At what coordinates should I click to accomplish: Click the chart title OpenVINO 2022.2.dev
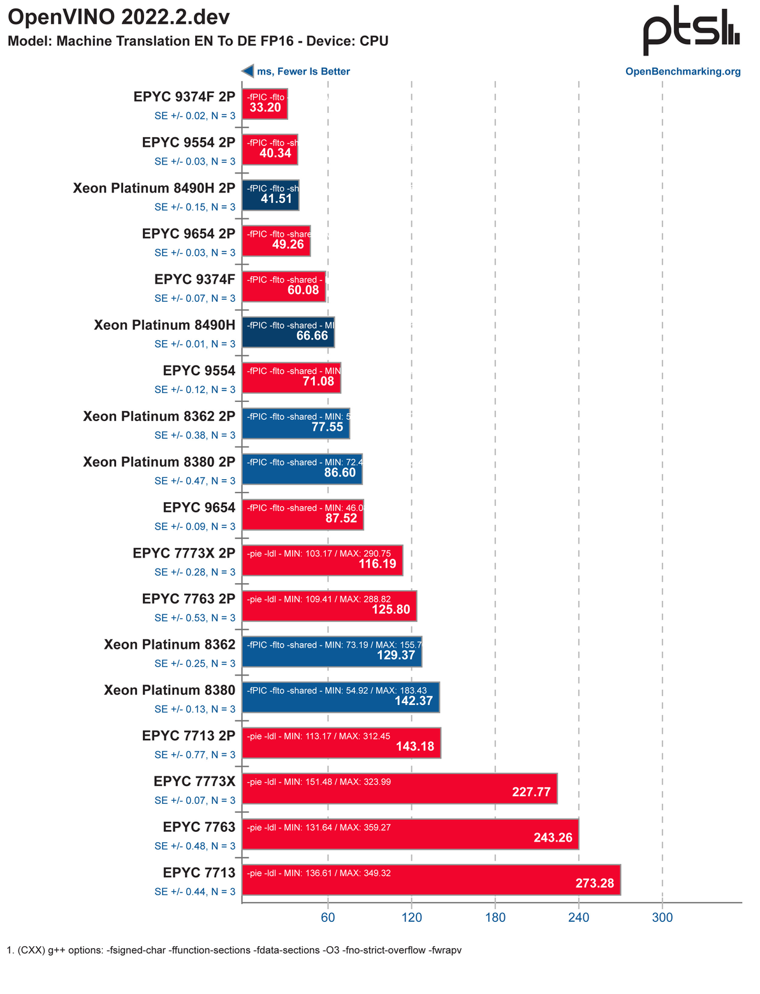[119, 17]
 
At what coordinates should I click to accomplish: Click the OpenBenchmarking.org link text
[683, 71]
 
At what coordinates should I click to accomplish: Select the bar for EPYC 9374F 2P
[265, 103]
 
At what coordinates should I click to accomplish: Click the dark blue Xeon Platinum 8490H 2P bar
[270, 195]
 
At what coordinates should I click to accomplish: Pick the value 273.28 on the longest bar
[594, 883]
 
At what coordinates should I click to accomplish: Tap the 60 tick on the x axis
[328, 917]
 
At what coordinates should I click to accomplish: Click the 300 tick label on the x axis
[662, 917]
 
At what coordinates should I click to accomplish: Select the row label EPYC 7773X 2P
[184, 553]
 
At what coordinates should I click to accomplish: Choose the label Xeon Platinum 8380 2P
[159, 462]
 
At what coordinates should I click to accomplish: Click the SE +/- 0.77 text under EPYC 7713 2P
[194, 755]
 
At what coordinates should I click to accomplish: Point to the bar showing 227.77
[400, 789]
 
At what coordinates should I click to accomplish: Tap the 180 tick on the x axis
[495, 917]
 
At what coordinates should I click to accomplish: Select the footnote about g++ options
[234, 950]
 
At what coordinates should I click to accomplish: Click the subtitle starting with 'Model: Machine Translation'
[198, 41]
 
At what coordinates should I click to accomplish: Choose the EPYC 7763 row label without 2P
[199, 827]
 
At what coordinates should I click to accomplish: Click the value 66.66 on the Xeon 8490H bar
[312, 336]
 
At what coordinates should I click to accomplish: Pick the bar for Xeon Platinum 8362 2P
[296, 423]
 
